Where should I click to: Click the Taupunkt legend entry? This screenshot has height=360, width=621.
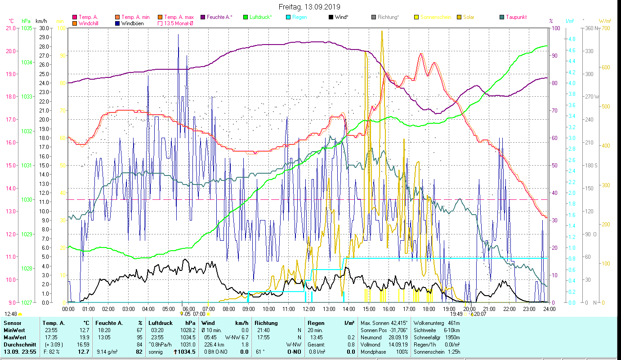[516, 17]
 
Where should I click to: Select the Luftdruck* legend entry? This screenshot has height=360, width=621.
[260, 17]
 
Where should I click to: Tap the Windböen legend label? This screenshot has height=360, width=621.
[132, 23]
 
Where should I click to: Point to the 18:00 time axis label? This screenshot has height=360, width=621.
[429, 309]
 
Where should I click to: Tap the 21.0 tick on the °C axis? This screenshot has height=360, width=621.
[10, 28]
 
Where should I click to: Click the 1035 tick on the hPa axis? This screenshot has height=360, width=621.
[26, 28]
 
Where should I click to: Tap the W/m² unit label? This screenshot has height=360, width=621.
[605, 21]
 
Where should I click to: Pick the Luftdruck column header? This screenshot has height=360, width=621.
[161, 323]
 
